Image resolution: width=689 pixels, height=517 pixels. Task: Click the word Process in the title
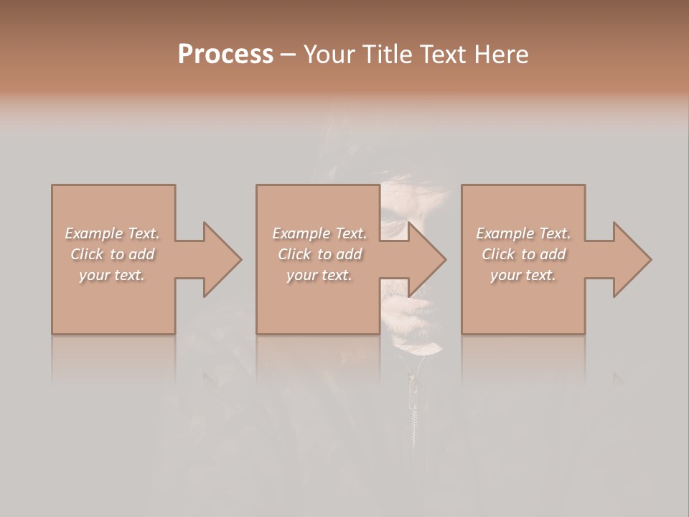(x=225, y=54)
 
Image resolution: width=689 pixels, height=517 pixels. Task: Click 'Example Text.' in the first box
(x=112, y=233)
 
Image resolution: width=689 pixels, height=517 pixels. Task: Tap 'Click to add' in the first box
(x=112, y=254)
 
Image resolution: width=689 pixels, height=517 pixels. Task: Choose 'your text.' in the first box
(x=112, y=275)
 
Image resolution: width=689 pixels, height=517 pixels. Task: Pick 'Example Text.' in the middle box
(x=319, y=233)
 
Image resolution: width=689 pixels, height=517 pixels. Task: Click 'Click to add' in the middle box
(x=319, y=254)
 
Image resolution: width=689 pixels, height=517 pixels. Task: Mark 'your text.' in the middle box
(x=319, y=275)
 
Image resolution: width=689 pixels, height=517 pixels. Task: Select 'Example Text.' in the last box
(x=523, y=233)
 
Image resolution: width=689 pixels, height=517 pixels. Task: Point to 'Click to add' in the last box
(x=523, y=254)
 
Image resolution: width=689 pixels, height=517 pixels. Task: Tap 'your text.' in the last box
(x=523, y=275)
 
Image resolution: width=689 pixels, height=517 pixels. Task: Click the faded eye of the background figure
(x=393, y=215)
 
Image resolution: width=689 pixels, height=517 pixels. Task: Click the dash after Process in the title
(x=289, y=55)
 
